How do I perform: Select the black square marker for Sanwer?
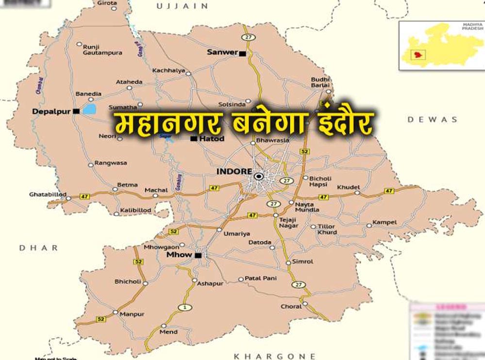242,53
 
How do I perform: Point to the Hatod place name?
212,139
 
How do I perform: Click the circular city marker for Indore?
258,176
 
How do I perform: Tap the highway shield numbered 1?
184,307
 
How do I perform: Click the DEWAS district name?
432,120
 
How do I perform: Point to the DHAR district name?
38,248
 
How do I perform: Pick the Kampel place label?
385,223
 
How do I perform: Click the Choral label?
291,307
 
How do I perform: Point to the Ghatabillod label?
47,194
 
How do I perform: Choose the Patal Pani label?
260,278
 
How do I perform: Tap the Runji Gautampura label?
102,50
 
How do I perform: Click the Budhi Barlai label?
320,83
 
